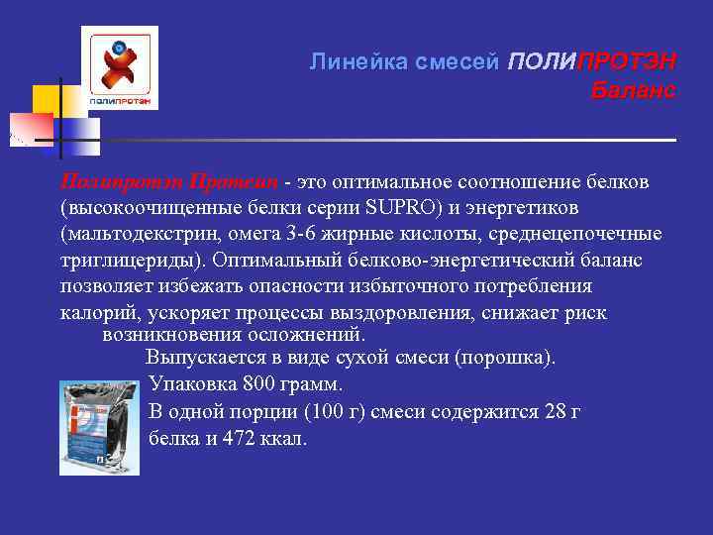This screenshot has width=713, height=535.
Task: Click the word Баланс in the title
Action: pos(633,91)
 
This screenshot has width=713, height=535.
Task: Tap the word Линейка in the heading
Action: pos(348,61)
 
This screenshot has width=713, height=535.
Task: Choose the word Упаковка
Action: pos(188,383)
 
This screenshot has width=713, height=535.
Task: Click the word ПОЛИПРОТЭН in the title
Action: pos(590,61)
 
